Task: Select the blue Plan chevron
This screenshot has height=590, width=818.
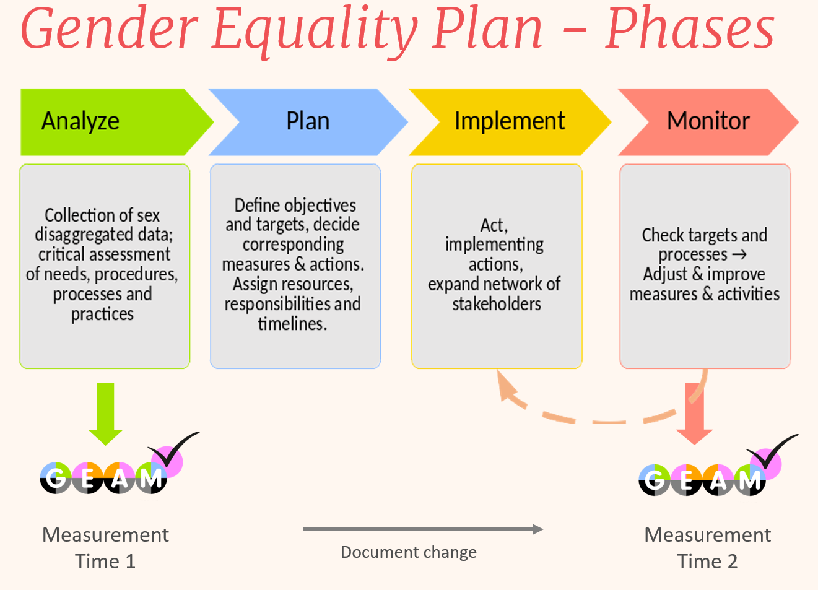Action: [308, 123]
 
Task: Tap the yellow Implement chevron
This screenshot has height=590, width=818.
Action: [510, 123]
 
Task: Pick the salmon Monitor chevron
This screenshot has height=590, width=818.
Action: [708, 123]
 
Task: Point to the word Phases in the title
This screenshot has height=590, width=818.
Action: [689, 28]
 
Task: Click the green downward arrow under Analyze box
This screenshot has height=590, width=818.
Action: [105, 414]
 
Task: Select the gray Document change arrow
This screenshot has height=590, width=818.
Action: [423, 529]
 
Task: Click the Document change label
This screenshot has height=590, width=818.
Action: [409, 552]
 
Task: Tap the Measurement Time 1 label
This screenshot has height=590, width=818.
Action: [105, 548]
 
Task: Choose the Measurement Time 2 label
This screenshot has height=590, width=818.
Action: [708, 548]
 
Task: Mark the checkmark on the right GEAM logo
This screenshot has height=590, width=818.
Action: [772, 451]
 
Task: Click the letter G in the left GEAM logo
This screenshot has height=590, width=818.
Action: [56, 478]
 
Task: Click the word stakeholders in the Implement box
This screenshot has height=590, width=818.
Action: [497, 304]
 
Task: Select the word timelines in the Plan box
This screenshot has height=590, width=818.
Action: [292, 324]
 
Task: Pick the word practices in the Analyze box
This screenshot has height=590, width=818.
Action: [102, 315]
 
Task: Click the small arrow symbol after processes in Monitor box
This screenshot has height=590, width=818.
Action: [739, 254]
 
